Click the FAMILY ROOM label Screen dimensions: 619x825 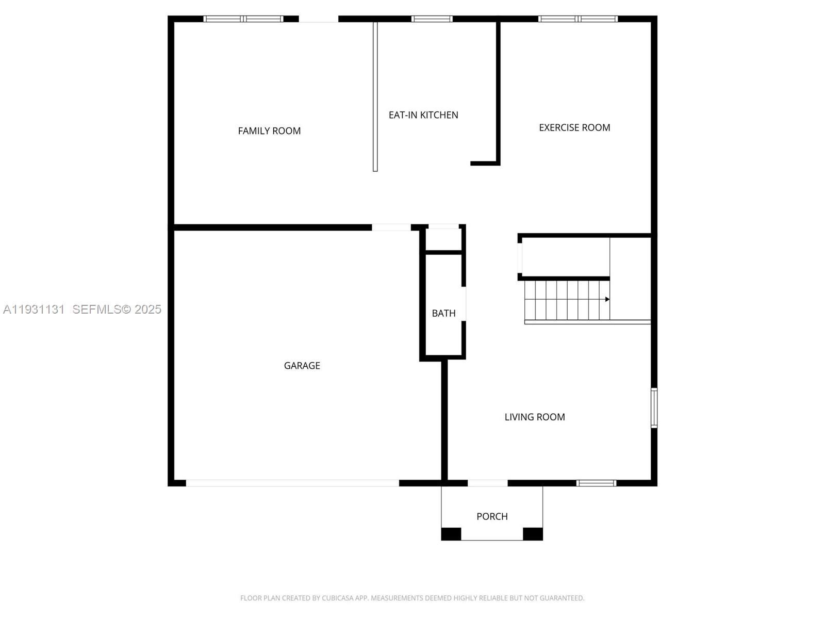point(269,131)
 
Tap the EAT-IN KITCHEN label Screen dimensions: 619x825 point(423,115)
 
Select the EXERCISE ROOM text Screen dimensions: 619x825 point(574,127)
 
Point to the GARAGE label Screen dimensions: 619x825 point(302,366)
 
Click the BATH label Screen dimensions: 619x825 point(443,313)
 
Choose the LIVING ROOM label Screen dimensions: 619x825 point(535,417)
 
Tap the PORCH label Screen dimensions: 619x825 point(492,516)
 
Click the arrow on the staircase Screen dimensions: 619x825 point(607,299)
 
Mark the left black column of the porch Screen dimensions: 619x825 point(451,534)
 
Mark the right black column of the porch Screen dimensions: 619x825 point(533,534)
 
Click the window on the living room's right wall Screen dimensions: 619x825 point(654,408)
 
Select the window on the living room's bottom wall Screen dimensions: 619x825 point(596,483)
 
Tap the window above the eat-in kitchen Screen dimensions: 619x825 point(432,19)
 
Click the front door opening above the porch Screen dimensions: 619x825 point(487,483)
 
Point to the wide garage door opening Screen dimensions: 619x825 point(292,483)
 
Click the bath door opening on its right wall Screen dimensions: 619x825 point(464,304)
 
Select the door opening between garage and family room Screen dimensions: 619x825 point(391,227)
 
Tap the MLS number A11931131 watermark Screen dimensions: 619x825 point(34,309)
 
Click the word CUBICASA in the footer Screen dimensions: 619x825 point(337,598)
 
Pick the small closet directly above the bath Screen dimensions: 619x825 point(443,240)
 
